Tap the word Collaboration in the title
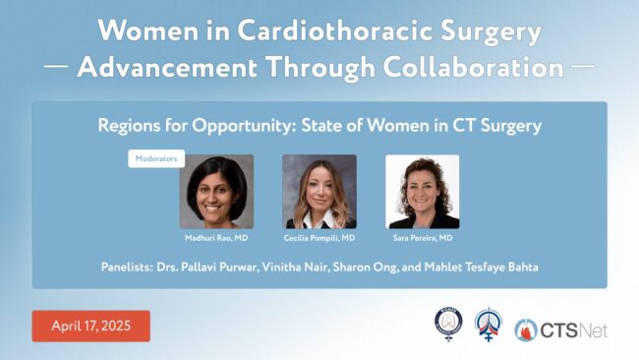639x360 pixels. point(473,67)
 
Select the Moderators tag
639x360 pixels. point(156,158)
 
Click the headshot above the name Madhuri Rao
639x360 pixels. point(216,192)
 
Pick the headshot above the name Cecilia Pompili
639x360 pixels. point(319,192)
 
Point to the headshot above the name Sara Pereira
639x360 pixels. point(422,192)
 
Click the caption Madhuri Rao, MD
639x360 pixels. point(216,238)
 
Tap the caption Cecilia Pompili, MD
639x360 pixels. point(319,238)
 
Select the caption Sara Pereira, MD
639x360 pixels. point(423,238)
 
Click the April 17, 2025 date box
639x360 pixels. point(90,326)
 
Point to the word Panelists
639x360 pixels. point(127,267)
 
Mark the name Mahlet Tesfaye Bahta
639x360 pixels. point(482,267)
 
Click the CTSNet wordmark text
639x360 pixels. point(574,330)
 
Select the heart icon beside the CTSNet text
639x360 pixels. point(526,330)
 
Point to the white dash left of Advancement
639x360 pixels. point(56,66)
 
